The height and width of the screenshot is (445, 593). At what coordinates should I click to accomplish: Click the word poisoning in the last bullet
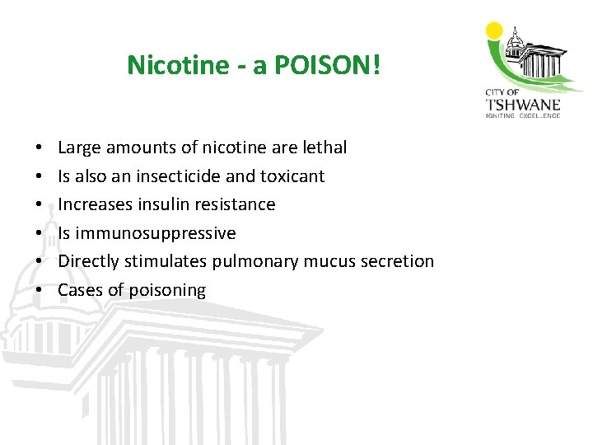tap(169, 290)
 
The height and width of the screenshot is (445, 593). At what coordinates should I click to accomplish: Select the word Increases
tap(94, 204)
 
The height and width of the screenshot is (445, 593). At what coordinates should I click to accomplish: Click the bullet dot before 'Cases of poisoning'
tap(40, 290)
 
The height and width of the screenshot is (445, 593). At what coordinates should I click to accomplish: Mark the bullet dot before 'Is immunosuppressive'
tap(40, 233)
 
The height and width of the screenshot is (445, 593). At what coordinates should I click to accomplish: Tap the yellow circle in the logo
tap(494, 31)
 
